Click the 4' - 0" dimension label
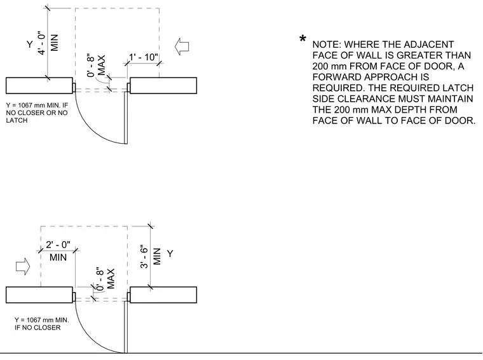(41, 43)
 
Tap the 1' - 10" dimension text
(144, 57)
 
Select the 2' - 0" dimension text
(58, 245)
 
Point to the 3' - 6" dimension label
(144, 257)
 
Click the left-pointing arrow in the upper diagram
(182, 46)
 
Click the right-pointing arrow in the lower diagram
(23, 267)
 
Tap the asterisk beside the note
(303, 39)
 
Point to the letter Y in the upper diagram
(30, 45)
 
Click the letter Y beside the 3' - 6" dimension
(170, 254)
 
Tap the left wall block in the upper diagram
(39, 85)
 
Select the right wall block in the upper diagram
(163, 85)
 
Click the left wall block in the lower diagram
(39, 295)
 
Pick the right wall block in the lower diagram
(163, 295)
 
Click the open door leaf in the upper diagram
(126, 118)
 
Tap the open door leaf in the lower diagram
(126, 327)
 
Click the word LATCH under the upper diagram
(17, 120)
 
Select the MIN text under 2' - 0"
(58, 257)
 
